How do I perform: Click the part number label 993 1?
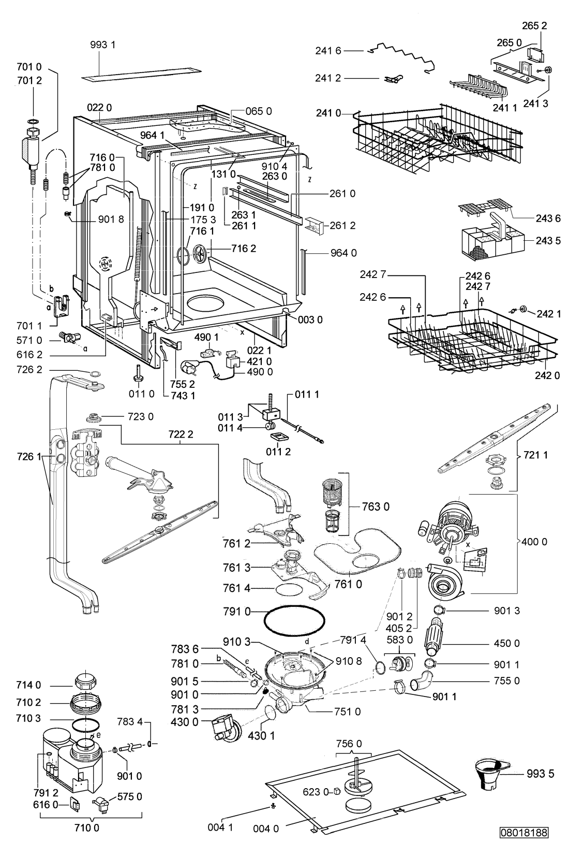coord(103,45)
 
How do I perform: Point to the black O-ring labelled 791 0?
coord(294,620)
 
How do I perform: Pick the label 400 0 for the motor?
coord(534,541)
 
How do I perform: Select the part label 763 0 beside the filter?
coord(376,506)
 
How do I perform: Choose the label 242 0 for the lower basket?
coord(547,375)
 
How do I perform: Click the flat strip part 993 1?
coord(141,75)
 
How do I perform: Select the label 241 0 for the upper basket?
coord(328,113)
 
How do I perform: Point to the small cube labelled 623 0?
coord(336,791)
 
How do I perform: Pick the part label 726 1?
coord(29,457)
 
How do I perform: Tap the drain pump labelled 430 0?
coord(226,727)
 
